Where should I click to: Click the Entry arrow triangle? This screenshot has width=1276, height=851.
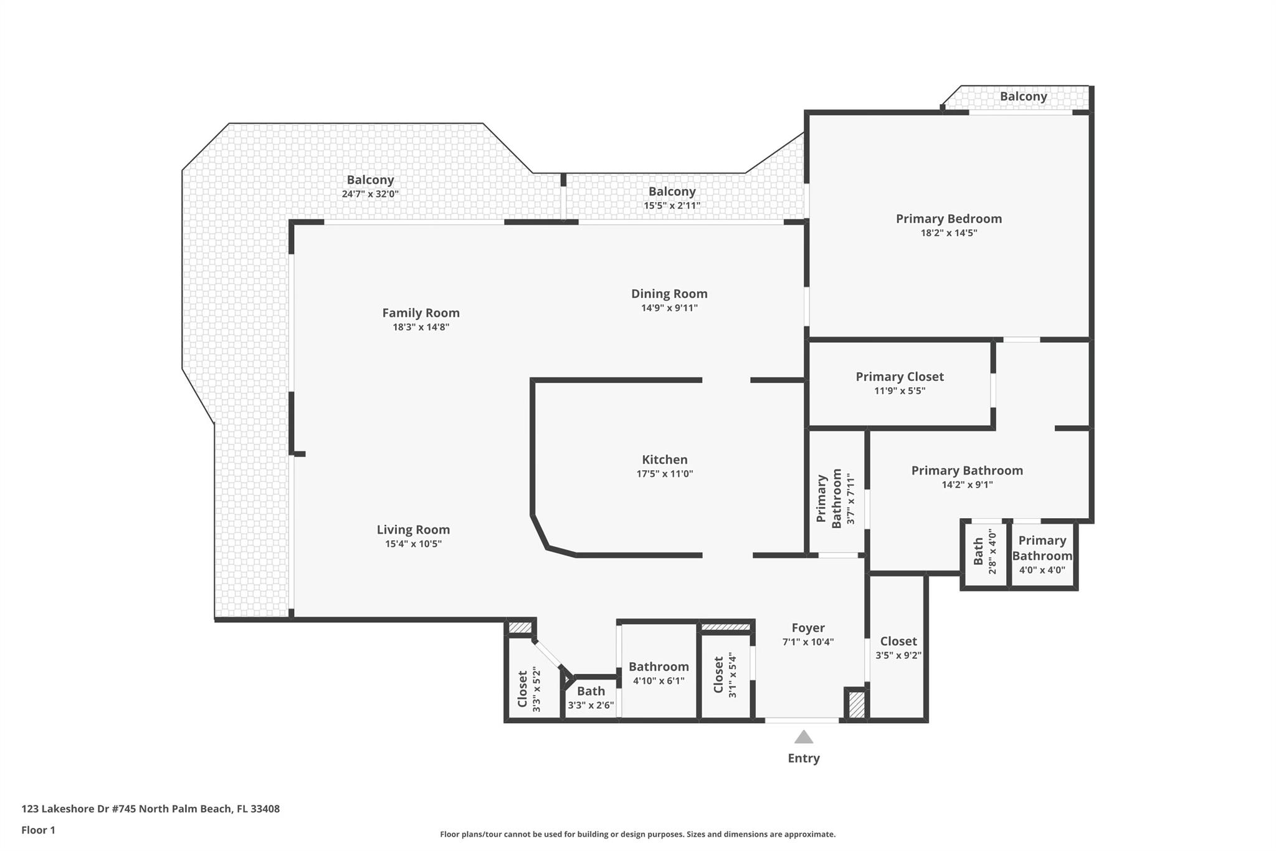point(804,737)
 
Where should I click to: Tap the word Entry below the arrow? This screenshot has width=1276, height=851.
point(804,758)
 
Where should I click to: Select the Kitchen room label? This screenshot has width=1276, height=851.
point(665,459)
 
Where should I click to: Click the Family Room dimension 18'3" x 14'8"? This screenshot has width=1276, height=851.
point(421,327)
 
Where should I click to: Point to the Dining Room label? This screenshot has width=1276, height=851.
point(669,294)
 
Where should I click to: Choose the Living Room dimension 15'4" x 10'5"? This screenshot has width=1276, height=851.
point(413,544)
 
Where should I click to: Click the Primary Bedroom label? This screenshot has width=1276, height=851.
point(949,219)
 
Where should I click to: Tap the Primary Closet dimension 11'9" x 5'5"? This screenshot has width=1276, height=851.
point(900,391)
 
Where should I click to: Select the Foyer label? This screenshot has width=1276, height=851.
point(808,628)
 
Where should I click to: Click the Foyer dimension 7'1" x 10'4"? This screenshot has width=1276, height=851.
point(808,642)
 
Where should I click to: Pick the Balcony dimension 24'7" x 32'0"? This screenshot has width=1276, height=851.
point(370,194)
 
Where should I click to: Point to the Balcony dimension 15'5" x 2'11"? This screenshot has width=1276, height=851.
point(672,205)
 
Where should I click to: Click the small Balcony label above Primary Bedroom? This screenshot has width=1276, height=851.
point(1024,97)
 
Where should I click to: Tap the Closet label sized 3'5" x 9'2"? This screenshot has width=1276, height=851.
point(898,641)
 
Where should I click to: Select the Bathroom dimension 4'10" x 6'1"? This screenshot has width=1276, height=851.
point(659,681)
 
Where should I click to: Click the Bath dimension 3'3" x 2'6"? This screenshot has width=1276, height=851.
point(591,706)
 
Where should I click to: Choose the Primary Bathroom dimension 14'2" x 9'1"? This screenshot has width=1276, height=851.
point(967,484)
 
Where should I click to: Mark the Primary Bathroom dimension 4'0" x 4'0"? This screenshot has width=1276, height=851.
point(1042,570)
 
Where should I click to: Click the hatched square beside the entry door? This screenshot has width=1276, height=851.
point(857,705)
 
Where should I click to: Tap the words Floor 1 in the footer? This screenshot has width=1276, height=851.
point(38,830)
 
